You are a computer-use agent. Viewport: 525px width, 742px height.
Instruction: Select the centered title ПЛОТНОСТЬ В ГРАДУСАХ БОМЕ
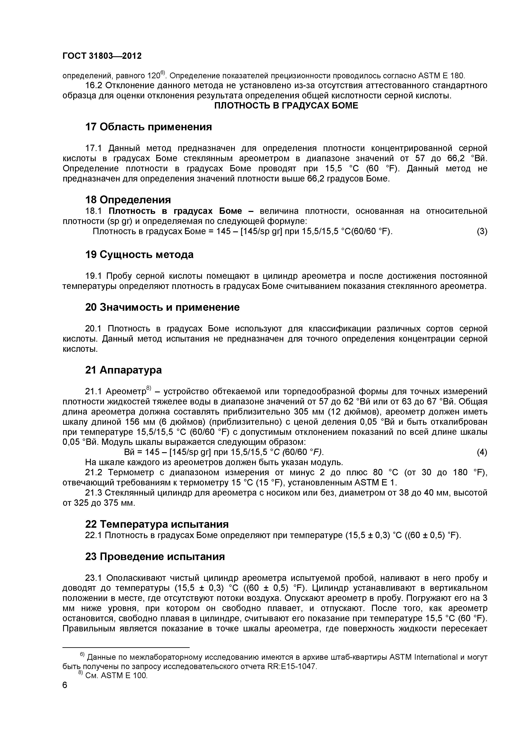click(286, 106)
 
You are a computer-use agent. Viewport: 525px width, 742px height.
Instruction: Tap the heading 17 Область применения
click(148, 127)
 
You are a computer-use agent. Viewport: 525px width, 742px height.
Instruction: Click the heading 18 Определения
click(128, 200)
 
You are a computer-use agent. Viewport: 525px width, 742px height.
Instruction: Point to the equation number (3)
click(482, 231)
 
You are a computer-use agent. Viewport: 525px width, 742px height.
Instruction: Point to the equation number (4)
click(482, 452)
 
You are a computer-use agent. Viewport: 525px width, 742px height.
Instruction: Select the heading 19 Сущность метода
click(139, 255)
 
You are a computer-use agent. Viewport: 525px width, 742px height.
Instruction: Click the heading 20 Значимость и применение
click(162, 307)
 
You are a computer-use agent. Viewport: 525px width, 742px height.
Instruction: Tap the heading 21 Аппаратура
click(123, 370)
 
